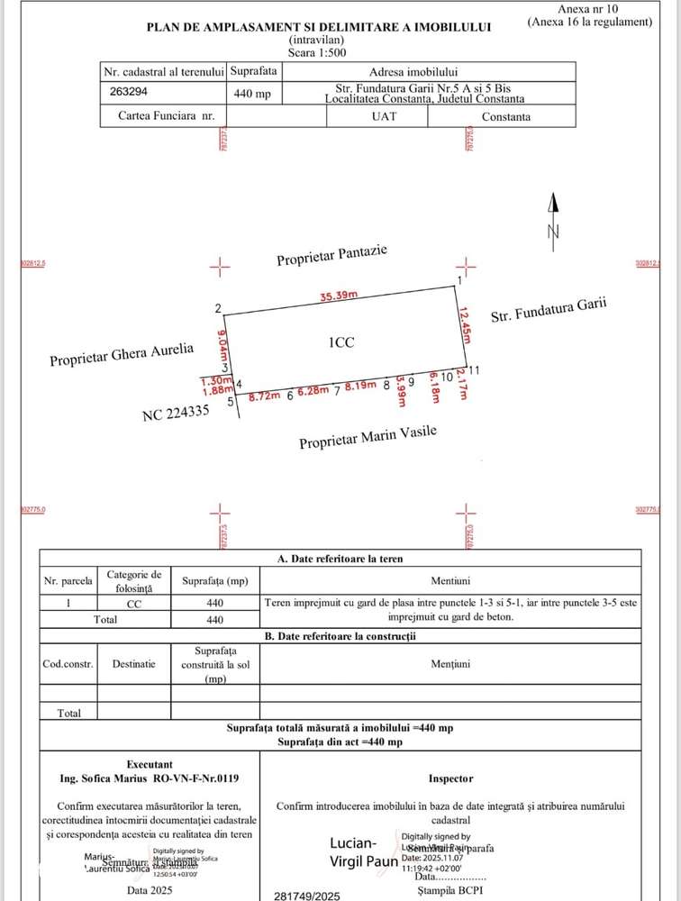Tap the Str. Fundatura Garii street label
tap(548, 310)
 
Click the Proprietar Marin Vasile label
tap(368, 438)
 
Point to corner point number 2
tap(218, 309)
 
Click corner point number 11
tap(474, 370)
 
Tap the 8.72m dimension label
tap(265, 396)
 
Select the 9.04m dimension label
tap(223, 343)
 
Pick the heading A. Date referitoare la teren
tap(340, 559)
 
